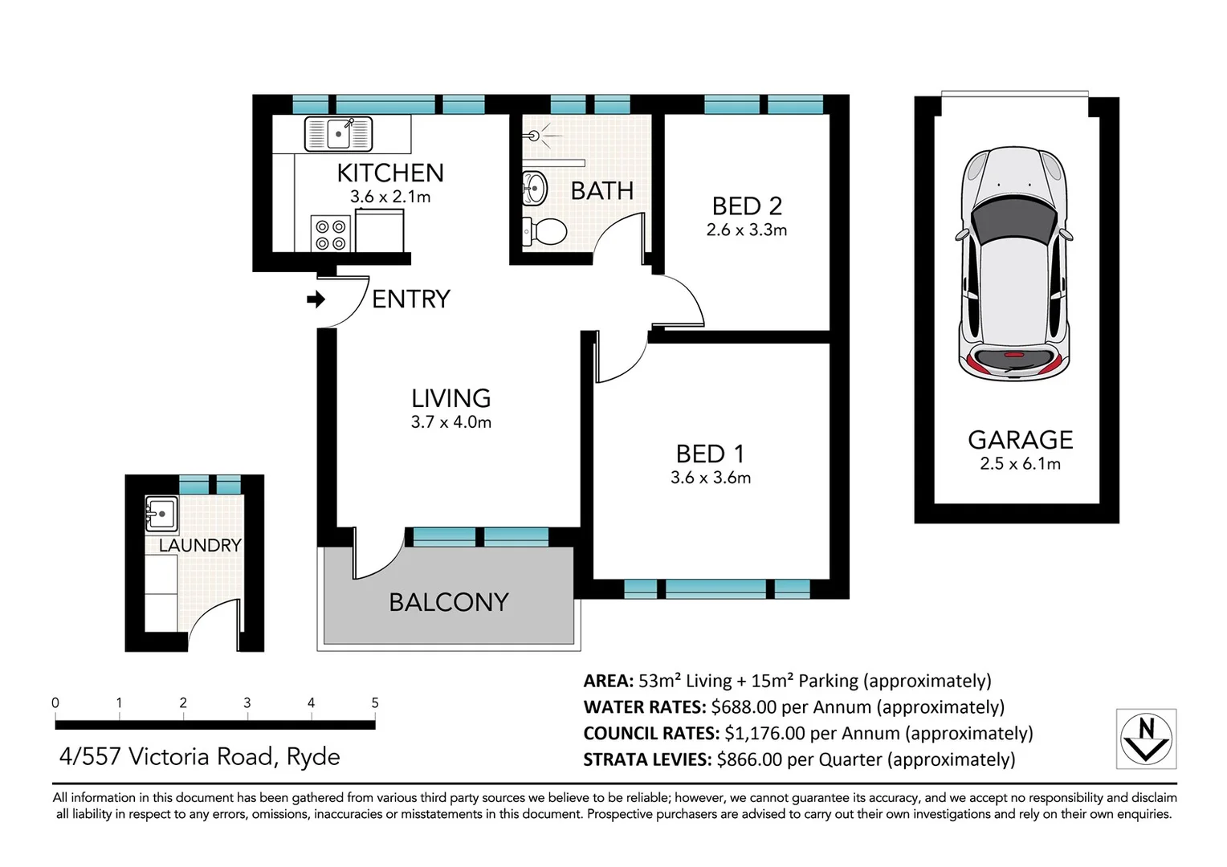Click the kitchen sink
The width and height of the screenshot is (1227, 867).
pos(338,133)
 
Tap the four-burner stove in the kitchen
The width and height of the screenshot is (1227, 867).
pos(330,234)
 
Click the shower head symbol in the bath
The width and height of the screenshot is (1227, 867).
pos(533,136)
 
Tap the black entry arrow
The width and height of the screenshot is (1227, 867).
pos(316,299)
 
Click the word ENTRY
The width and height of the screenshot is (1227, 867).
pos(410,299)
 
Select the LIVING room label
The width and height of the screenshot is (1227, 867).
pos(450,398)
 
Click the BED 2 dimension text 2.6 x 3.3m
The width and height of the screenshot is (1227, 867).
pos(746,230)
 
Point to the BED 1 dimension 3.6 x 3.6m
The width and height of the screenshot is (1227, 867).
pos(711,478)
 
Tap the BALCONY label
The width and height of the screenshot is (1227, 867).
pos(448,602)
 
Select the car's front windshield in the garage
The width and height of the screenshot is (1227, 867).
pos(1013,218)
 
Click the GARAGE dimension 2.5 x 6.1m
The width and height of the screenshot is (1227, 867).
pos(1020,464)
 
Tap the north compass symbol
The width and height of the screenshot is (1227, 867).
pos(1146,739)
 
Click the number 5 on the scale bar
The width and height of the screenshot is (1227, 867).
pos(374,703)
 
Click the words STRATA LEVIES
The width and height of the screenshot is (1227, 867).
pos(646,760)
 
